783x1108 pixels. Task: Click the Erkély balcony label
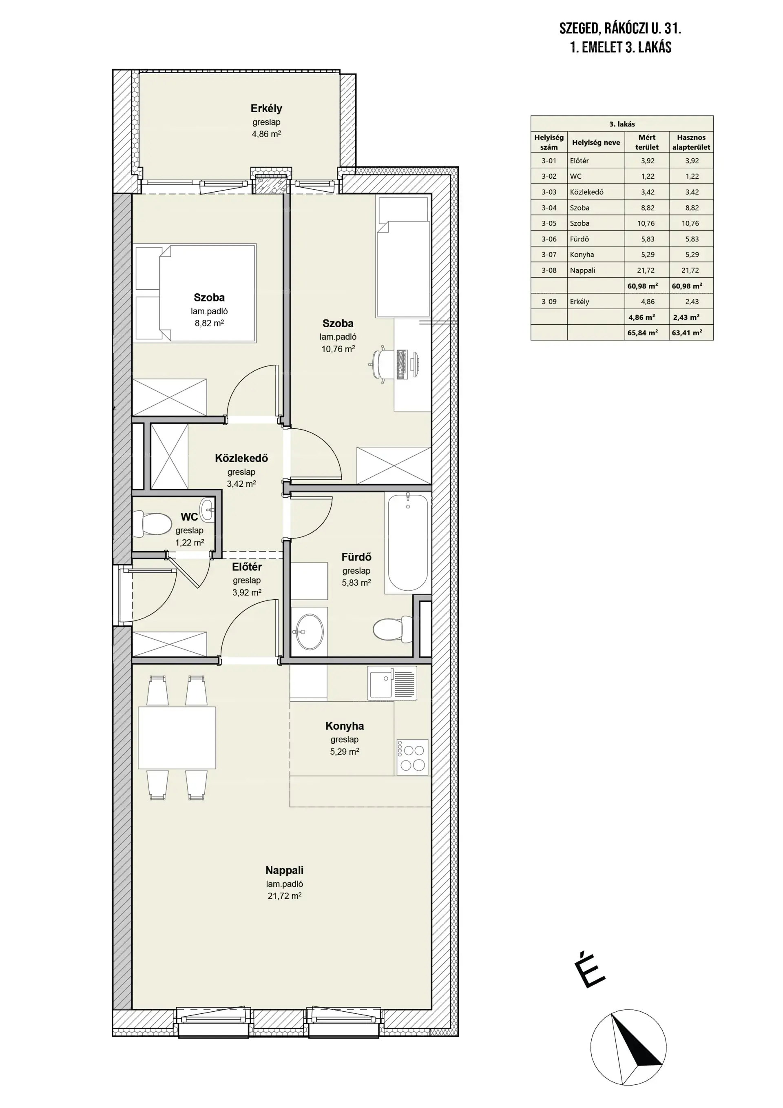pyautogui.click(x=266, y=109)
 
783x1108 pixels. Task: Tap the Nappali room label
pyautogui.click(x=284, y=870)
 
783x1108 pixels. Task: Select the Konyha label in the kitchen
pyautogui.click(x=345, y=726)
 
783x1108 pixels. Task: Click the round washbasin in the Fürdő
pyautogui.click(x=309, y=632)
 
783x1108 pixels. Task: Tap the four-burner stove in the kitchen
pyautogui.click(x=412, y=758)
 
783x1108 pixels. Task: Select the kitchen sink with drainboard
pyautogui.click(x=392, y=683)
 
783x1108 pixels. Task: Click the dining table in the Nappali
pyautogui.click(x=177, y=738)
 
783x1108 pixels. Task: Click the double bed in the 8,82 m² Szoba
pyautogui.click(x=208, y=293)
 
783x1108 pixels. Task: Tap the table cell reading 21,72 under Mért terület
pyautogui.click(x=646, y=270)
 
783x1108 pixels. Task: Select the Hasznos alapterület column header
pyautogui.click(x=691, y=142)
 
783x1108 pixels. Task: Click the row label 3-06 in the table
pyautogui.click(x=549, y=239)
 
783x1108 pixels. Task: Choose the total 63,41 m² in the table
pyautogui.click(x=687, y=332)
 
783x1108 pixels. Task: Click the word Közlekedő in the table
pyautogui.click(x=587, y=192)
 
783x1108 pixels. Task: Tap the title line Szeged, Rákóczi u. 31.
pyautogui.click(x=620, y=29)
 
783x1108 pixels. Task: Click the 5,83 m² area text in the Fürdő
pyautogui.click(x=356, y=583)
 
